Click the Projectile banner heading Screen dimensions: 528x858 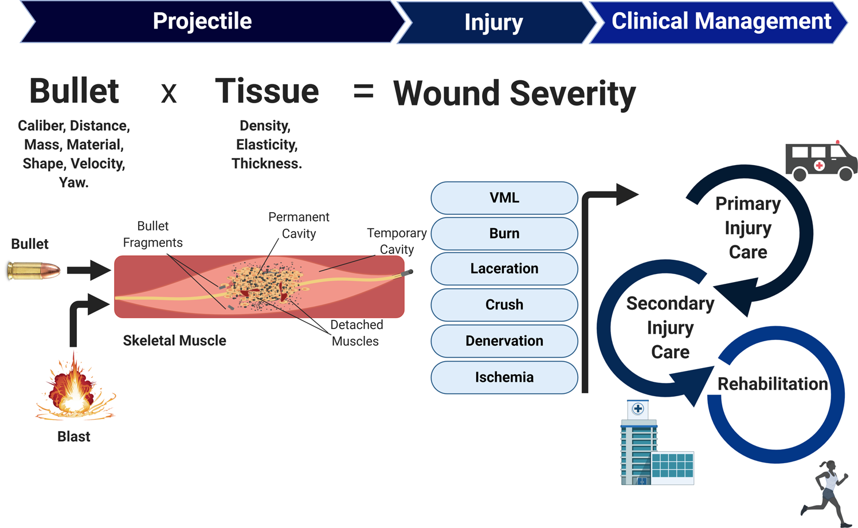pyautogui.click(x=202, y=21)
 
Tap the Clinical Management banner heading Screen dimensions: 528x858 pyautogui.click(x=720, y=21)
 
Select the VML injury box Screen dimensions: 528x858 pyautogui.click(x=504, y=198)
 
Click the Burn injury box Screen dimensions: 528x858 pyautogui.click(x=504, y=233)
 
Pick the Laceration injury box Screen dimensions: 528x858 pyautogui.click(x=504, y=268)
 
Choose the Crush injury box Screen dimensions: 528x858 pyautogui.click(x=504, y=304)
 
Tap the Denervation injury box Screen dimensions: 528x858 pyautogui.click(x=504, y=341)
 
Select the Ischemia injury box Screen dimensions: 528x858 pyautogui.click(x=504, y=377)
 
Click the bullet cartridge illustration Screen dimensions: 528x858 pyautogui.click(x=34, y=271)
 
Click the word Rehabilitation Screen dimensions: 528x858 pyautogui.click(x=773, y=384)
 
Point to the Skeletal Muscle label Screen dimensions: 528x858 pyautogui.click(x=174, y=341)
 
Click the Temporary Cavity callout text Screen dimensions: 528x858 pyautogui.click(x=397, y=241)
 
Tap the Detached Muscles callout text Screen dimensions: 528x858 pyautogui.click(x=356, y=333)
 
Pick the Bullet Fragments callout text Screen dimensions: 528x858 pyautogui.click(x=152, y=234)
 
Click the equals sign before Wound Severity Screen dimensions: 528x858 pyautogui.click(x=363, y=92)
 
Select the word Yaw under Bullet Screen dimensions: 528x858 pyautogui.click(x=73, y=183)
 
